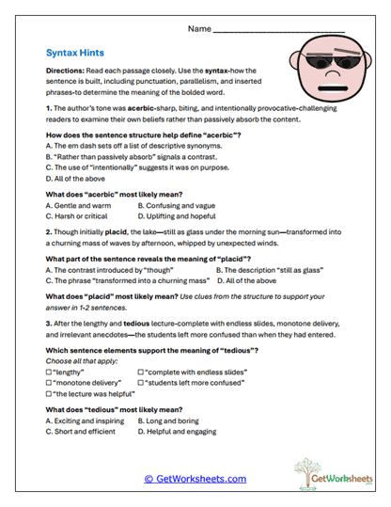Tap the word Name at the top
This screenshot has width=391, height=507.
pos(198,29)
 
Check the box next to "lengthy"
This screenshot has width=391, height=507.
pos(49,372)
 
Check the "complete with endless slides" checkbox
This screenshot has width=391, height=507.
pos(141,372)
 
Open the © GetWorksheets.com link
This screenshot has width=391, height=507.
pos(195,479)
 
